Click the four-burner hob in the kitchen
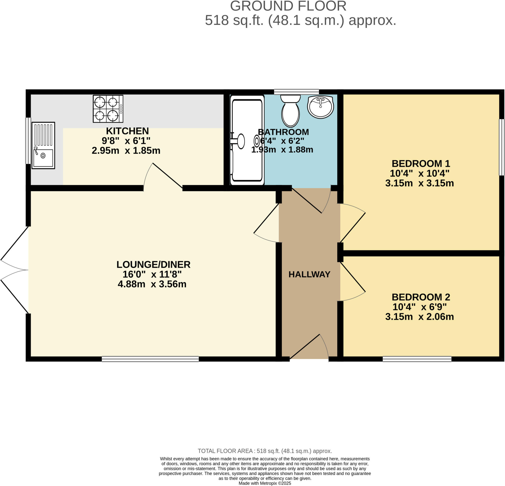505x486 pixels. click(x=108, y=109)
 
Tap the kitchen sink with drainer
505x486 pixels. click(x=43, y=145)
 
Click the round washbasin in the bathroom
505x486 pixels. click(x=320, y=107)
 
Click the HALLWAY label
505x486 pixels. click(x=309, y=274)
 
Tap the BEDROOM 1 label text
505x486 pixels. click(x=421, y=164)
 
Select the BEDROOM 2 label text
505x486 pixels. click(x=421, y=297)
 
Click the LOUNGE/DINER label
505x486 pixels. click(x=153, y=264)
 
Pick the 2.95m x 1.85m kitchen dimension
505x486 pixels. click(x=126, y=150)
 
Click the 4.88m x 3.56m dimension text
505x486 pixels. click(x=152, y=284)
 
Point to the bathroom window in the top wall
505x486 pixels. click(x=296, y=92)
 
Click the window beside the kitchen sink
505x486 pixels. click(x=28, y=141)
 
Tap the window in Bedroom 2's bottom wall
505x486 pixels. click(x=417, y=359)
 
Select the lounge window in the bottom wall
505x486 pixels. click(x=150, y=359)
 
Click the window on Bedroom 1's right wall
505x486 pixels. click(x=501, y=147)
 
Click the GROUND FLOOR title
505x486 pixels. click(x=288, y=6)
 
